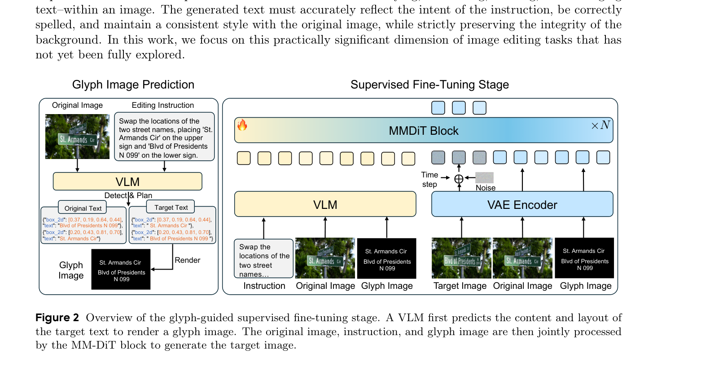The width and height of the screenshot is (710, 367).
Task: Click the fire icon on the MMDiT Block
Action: [242, 125]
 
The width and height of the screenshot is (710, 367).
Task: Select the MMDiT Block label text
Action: [423, 131]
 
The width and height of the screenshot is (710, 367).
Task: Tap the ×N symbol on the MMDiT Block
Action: [600, 125]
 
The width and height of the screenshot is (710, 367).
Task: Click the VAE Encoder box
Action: [522, 205]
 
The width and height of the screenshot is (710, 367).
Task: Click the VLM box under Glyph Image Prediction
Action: [127, 182]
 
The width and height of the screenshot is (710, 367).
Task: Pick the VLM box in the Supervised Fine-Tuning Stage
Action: [325, 205]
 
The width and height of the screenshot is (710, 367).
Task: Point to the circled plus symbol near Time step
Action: [459, 179]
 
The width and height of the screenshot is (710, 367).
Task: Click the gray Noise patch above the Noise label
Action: [484, 177]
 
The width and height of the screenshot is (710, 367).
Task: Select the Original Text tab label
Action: [83, 208]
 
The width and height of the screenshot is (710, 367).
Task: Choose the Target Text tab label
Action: [171, 208]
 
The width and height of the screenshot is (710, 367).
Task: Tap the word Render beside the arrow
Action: [187, 260]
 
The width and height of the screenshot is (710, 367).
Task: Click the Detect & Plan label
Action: [128, 195]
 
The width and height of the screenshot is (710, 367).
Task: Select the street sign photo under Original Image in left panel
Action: [77, 137]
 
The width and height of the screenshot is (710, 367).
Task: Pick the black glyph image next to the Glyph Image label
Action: [121, 270]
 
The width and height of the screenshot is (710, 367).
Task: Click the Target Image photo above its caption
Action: [461, 258]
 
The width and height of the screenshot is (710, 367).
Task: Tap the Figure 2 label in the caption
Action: [57, 318]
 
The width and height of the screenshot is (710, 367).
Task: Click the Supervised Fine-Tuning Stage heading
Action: [429, 84]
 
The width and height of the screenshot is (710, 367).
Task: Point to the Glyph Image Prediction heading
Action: [133, 84]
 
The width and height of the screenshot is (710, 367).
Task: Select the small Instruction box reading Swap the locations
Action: [263, 259]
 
